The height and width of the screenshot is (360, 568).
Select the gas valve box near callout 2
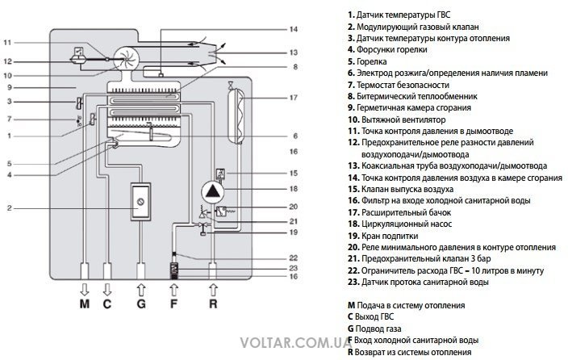(x=140, y=202)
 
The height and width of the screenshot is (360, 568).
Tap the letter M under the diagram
(x=85, y=303)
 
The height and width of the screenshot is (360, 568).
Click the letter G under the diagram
(x=141, y=303)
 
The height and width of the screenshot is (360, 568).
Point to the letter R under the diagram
(x=213, y=303)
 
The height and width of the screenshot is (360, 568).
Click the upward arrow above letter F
(x=174, y=290)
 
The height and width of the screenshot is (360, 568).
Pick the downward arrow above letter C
(x=107, y=290)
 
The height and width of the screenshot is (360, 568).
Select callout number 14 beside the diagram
(x=294, y=29)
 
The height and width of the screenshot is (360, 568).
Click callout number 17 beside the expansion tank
(x=294, y=98)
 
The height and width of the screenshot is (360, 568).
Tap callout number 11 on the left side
(x=7, y=43)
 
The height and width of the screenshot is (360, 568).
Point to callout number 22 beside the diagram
(x=294, y=258)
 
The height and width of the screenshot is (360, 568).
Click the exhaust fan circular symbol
(x=125, y=58)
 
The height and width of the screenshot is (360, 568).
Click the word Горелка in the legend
(x=372, y=61)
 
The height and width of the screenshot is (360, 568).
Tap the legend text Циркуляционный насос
(x=407, y=224)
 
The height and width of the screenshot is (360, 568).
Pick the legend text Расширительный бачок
(x=406, y=212)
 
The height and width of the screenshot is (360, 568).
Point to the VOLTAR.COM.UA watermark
(x=296, y=342)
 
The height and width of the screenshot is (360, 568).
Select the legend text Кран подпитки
(x=390, y=236)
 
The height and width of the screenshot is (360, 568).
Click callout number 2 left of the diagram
(x=10, y=208)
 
